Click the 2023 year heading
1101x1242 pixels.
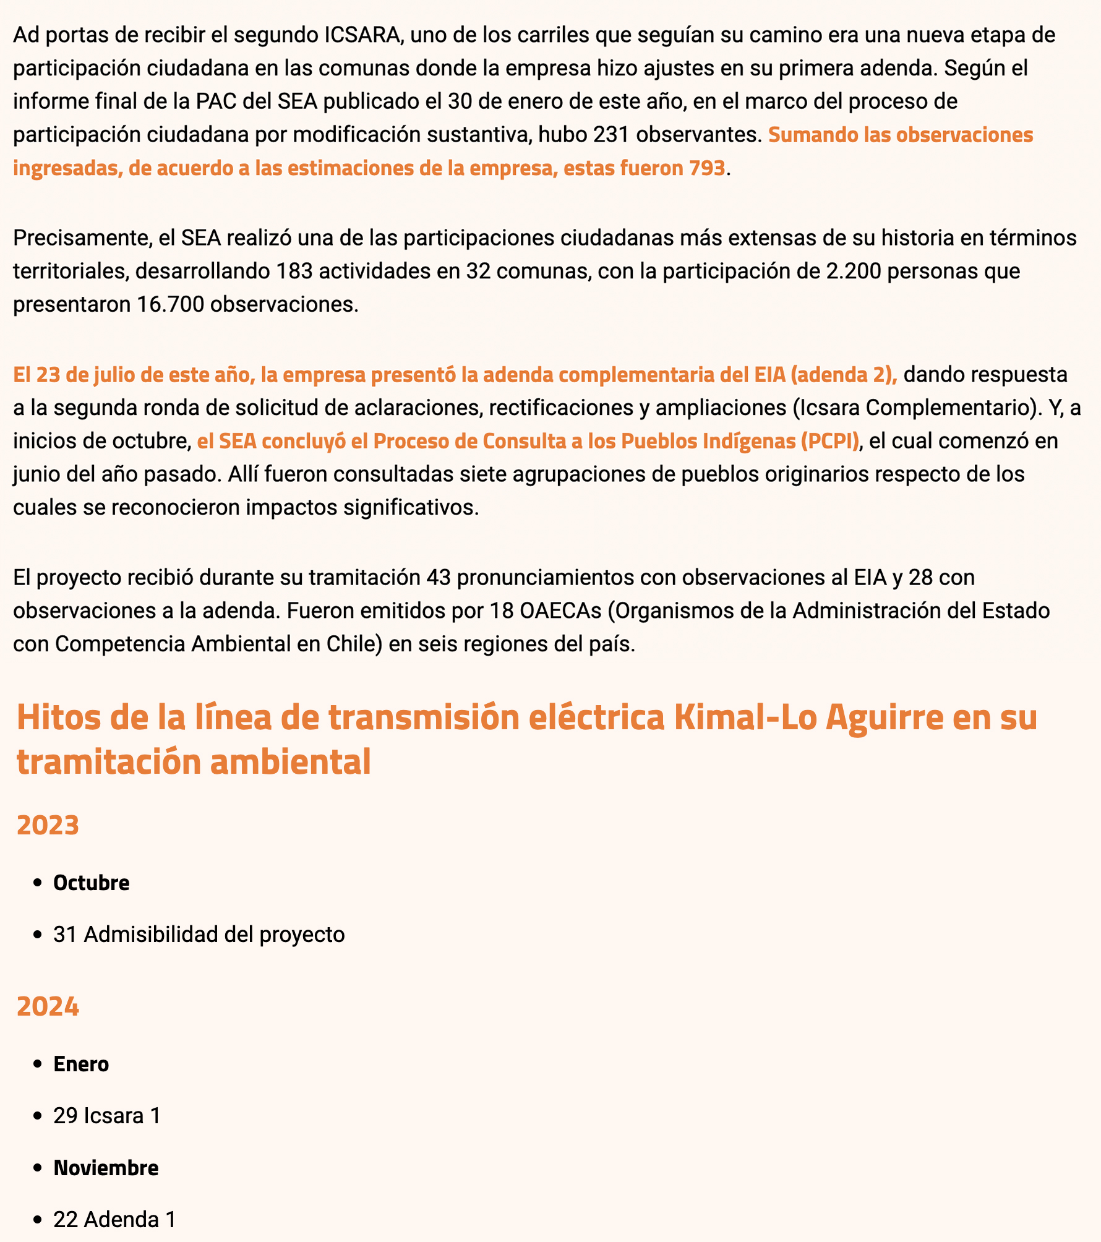pos(48,825)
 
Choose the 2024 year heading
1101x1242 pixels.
pos(48,1007)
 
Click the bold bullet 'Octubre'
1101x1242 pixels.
pos(92,883)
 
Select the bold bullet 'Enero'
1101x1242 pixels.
pos(81,1064)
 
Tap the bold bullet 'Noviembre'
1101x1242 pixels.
pos(106,1168)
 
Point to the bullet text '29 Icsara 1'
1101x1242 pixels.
pos(107,1116)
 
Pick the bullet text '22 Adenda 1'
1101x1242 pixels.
pos(114,1220)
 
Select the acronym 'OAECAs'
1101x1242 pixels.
pos(560,610)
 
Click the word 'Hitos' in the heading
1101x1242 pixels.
pos(55,717)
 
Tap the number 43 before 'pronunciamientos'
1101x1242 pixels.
pos(438,577)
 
